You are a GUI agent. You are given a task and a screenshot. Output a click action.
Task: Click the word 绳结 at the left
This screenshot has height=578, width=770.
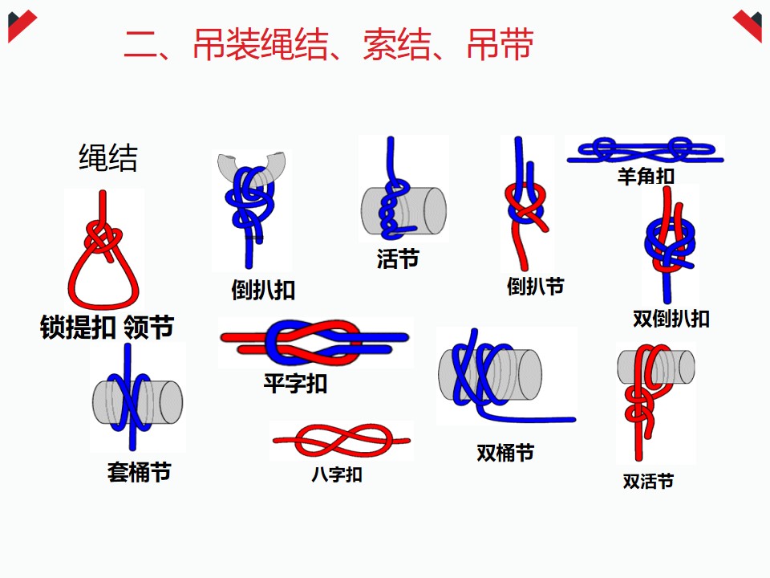(107, 158)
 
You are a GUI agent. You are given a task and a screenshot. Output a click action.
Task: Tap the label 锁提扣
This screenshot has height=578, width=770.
(78, 328)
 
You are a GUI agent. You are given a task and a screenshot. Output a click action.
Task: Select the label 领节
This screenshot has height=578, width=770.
(149, 328)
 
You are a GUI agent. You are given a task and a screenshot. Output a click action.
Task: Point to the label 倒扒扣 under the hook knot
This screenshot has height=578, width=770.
(263, 290)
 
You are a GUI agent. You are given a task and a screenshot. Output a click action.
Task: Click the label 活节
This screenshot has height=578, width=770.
(398, 258)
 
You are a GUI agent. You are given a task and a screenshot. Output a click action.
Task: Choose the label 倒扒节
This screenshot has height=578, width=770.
(535, 286)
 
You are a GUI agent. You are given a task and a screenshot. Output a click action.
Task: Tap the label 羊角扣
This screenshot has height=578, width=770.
(646, 175)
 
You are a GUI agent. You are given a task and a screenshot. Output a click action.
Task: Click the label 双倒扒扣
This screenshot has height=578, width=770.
(671, 318)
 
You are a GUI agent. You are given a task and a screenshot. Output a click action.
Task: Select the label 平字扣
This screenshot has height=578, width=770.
(295, 383)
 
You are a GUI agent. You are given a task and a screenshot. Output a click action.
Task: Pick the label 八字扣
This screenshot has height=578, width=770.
(337, 474)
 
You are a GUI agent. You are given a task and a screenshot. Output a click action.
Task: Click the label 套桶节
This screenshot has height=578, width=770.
(139, 472)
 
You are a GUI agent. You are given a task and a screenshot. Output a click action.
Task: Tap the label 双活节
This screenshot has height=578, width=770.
(648, 481)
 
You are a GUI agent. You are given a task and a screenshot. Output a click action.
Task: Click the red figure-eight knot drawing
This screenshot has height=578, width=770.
(341, 442)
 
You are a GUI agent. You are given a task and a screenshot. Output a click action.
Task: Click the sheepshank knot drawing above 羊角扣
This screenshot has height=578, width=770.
(645, 149)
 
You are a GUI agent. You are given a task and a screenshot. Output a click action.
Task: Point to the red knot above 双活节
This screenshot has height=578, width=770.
(642, 401)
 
